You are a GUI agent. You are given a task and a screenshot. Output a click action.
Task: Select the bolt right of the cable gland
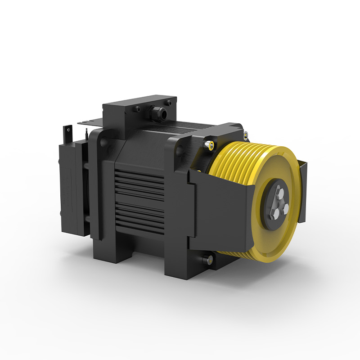click(x=170, y=103)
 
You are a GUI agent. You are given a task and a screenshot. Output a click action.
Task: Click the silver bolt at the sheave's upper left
click(x=209, y=144)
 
